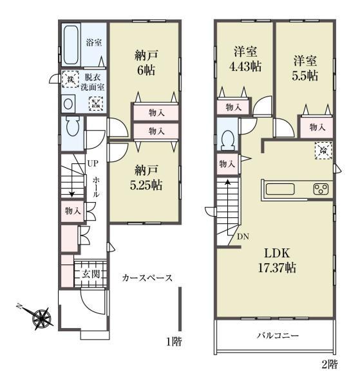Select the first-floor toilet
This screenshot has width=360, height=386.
pos(73,126)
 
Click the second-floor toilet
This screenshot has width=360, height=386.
pos(228,140)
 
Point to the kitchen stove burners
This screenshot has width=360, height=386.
pos(321,189)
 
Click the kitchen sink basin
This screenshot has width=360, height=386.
pos(280,189)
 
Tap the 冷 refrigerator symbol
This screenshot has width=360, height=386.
pos(323,151)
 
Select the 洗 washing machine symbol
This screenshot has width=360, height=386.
pos(70,79)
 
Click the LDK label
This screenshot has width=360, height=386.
pos(277,253)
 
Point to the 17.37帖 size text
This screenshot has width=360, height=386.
pos(277,268)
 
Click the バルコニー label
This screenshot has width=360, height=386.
pos(278,335)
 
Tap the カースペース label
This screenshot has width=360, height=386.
pos(147,278)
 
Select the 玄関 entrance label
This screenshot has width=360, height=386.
pos(91,274)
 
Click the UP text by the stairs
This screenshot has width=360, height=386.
pos(93,163)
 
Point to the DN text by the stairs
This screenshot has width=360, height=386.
pos(243,237)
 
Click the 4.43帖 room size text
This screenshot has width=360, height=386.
pos(245,66)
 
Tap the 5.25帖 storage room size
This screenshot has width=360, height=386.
pos(146,185)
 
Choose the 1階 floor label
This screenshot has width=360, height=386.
pos(175,342)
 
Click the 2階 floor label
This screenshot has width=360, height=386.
pos(330,364)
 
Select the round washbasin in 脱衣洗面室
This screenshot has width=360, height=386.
pos(68,104)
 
